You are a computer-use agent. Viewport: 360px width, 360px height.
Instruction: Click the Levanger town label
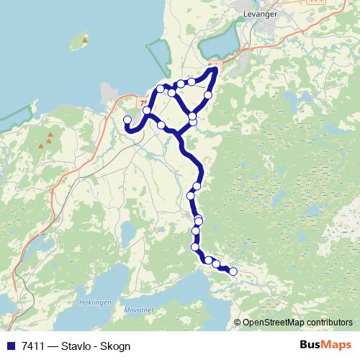[260, 14]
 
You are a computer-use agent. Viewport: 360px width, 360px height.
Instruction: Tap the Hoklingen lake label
[95, 302]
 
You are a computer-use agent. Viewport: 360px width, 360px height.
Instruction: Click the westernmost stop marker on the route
[127, 120]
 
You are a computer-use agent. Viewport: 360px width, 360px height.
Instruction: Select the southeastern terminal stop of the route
[233, 271]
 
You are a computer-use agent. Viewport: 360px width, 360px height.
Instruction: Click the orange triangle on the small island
[84, 40]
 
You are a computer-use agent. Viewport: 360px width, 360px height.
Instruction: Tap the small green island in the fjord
[86, 37]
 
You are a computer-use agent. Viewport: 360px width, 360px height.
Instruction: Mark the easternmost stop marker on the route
[233, 271]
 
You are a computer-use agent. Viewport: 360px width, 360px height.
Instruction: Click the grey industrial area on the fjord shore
[110, 92]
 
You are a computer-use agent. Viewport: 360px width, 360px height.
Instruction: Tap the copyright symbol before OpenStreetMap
[238, 322]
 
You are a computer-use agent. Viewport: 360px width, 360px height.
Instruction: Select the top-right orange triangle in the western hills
[51, 135]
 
